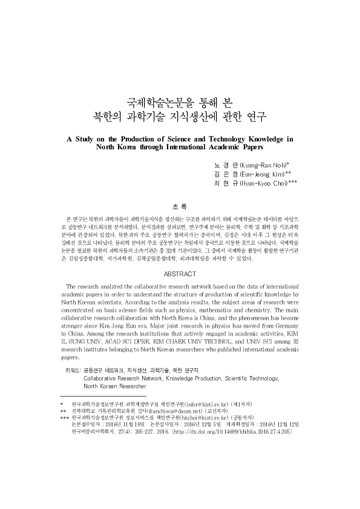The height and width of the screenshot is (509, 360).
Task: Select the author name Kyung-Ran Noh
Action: coord(264,164)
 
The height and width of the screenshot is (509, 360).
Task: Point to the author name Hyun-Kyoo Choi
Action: coord(266,182)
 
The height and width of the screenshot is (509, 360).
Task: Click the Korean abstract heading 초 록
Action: coord(180,206)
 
